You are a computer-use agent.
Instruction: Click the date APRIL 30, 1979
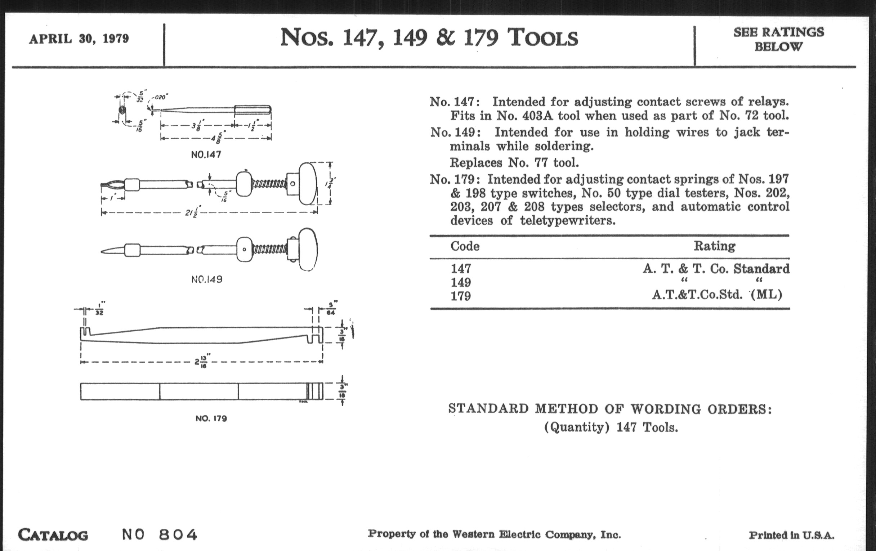(x=79, y=39)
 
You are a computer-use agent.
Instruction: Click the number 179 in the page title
(x=481, y=38)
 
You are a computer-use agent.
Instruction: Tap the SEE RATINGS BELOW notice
(x=778, y=39)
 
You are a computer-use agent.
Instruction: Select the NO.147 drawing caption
(x=206, y=154)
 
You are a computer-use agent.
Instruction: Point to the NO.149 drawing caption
(x=207, y=279)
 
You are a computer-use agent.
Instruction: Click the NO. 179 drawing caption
(x=211, y=418)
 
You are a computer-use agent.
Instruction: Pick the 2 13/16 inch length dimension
(x=201, y=362)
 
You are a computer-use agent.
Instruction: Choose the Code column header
(x=465, y=246)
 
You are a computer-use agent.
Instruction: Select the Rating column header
(x=714, y=246)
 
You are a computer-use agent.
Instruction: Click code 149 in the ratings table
(x=461, y=282)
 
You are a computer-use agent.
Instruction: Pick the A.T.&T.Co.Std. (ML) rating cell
(x=717, y=294)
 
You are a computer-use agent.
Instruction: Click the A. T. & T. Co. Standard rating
(x=716, y=269)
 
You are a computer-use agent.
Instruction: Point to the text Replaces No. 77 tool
(x=514, y=162)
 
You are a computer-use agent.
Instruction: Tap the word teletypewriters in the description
(x=568, y=220)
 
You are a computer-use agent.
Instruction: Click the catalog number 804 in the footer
(x=178, y=535)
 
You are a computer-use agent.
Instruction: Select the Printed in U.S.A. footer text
(x=791, y=535)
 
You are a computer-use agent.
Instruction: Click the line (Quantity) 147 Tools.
(x=611, y=427)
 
